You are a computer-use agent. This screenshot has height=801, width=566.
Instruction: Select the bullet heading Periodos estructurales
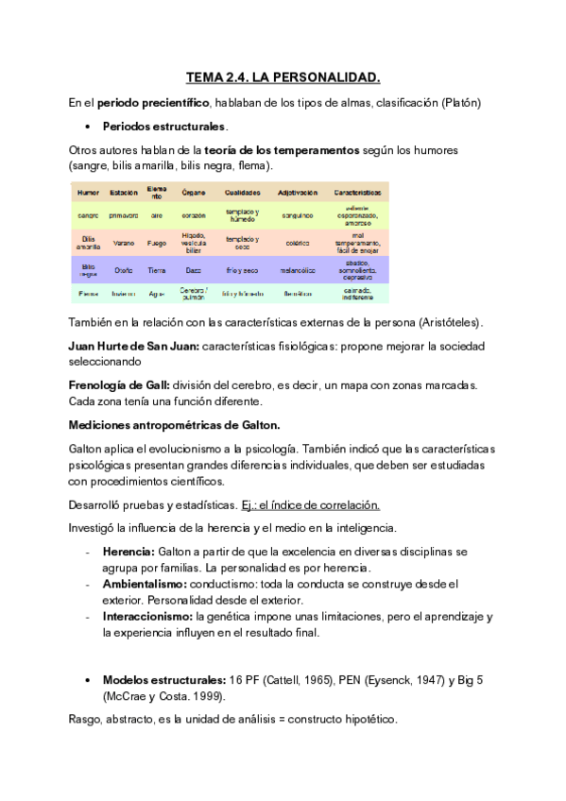click(x=164, y=126)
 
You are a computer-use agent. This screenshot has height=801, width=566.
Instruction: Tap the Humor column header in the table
click(x=88, y=193)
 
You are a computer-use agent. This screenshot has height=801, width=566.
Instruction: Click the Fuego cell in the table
click(x=157, y=243)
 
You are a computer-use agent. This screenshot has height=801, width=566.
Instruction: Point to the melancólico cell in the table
click(x=297, y=270)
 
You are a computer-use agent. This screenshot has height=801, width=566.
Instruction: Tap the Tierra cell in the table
click(x=157, y=270)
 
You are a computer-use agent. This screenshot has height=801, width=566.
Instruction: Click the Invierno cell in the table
click(x=124, y=294)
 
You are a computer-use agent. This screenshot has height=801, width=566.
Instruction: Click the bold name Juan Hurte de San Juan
click(x=133, y=346)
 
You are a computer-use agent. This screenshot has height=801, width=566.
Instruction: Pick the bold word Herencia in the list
click(x=129, y=551)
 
